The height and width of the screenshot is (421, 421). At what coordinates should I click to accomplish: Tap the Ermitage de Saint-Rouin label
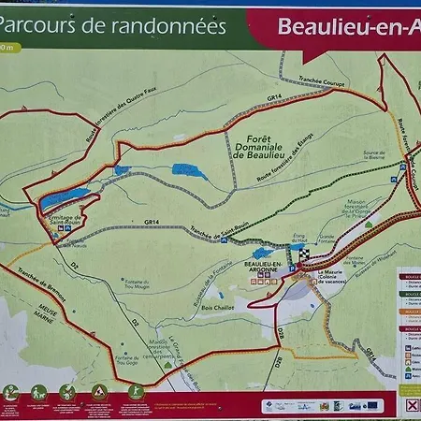tap(62, 219)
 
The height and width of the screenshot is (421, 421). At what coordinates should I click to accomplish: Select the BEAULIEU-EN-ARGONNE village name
tap(265, 269)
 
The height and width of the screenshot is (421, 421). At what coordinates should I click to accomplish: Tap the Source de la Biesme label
tap(375, 155)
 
